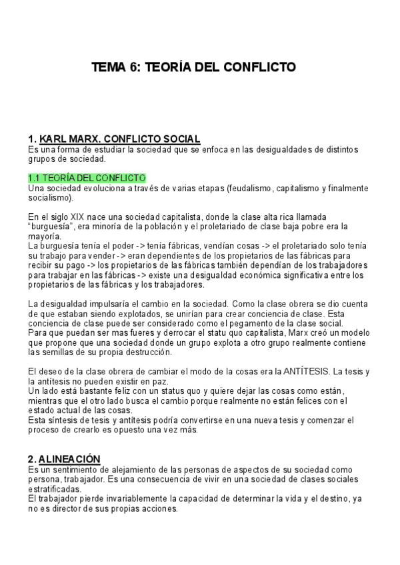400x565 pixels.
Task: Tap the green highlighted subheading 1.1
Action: (x=87, y=178)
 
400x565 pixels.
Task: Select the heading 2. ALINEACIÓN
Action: (x=64, y=459)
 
